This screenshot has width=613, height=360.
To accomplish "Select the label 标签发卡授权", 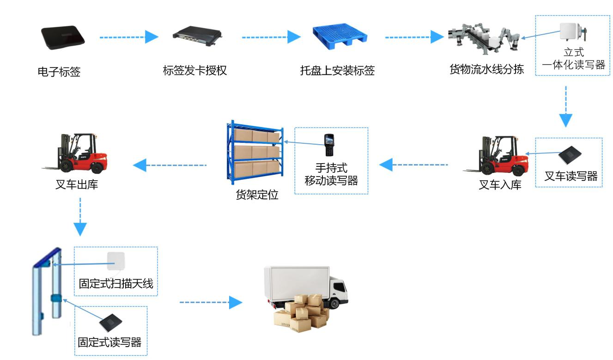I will pyautogui.click(x=195, y=71).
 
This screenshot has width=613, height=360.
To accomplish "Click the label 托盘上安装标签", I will pyautogui.click(x=337, y=71).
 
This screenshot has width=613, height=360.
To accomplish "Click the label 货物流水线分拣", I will pyautogui.click(x=486, y=69).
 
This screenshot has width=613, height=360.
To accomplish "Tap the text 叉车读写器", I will pyautogui.click(x=571, y=176).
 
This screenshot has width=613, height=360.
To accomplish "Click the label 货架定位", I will pyautogui.click(x=257, y=195).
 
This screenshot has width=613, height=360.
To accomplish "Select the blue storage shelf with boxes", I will pyautogui.click(x=255, y=152).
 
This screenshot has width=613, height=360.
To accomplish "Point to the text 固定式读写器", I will pyautogui.click(x=109, y=342).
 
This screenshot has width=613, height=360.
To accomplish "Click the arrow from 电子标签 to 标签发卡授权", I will pyautogui.click(x=129, y=37).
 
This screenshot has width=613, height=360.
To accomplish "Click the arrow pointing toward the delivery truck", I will pyautogui.click(x=211, y=303).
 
